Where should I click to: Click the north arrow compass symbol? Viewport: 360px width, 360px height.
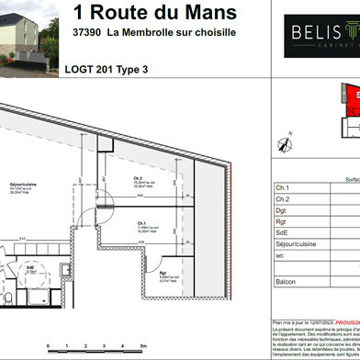pyautogui.click(x=283, y=141)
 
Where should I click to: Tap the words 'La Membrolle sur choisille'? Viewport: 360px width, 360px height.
pyautogui.click(x=171, y=32)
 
